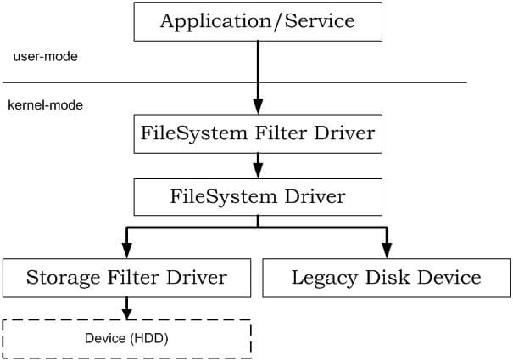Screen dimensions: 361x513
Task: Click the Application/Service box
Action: pos(257,22)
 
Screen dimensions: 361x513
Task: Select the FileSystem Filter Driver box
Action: pos(257,133)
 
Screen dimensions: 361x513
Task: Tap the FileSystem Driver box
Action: pos(257,196)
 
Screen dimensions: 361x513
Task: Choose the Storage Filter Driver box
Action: pos(127,278)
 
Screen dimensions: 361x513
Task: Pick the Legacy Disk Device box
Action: pos(386,278)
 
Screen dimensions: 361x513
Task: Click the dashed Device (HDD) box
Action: pos(127,338)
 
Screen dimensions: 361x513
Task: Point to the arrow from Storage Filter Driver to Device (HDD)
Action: pos(127,307)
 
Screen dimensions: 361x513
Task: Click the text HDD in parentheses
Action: pos(153,338)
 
